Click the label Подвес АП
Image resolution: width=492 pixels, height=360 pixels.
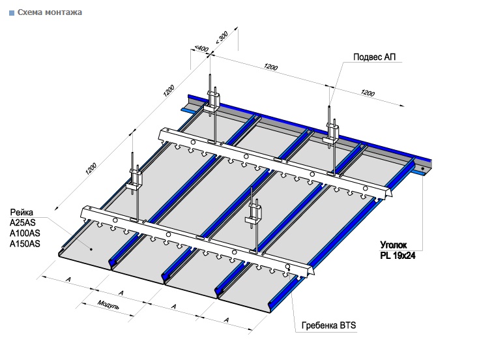374,57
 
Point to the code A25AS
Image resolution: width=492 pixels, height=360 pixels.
23,223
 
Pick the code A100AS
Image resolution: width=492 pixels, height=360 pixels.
25,233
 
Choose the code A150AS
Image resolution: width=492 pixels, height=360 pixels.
25,244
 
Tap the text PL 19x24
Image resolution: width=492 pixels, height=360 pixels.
398,256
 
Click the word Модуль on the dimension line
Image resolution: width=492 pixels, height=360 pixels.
108,305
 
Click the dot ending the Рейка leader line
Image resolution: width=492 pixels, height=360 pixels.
92,248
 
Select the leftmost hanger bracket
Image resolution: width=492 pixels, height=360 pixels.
136,178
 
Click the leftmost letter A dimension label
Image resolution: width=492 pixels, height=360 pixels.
68,280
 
